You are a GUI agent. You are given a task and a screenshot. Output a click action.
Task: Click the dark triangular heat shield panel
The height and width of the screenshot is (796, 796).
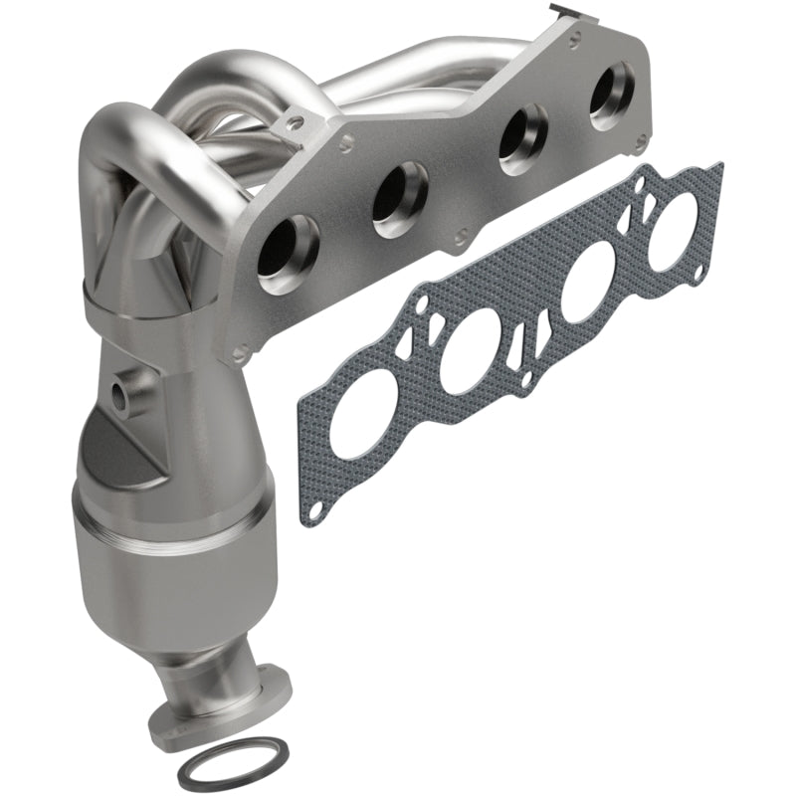pyautogui.click(x=119, y=458)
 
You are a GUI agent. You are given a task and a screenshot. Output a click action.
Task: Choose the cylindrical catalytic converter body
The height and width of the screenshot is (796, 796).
pyautogui.click(x=169, y=557)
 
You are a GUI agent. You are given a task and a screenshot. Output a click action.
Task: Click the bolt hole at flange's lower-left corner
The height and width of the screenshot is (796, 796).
pyautogui.click(x=239, y=350)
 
